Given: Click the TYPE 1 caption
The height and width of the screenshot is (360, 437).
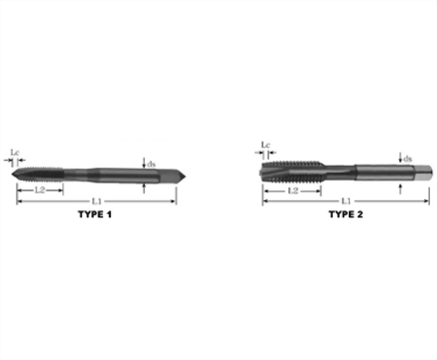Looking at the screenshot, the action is click(x=95, y=214).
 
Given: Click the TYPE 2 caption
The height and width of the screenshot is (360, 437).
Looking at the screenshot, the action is click(x=346, y=214).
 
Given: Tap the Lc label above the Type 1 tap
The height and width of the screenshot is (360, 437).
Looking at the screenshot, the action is click(x=15, y=153).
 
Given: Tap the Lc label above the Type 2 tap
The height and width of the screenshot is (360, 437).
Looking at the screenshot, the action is click(x=266, y=145).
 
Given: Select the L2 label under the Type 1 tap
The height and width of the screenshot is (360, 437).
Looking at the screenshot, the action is click(x=40, y=190).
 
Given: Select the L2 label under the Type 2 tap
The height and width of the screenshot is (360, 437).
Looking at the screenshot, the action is click(x=293, y=190).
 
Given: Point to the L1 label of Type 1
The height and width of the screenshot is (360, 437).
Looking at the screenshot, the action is click(x=96, y=201).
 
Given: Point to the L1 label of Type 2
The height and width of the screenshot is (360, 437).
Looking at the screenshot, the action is click(x=346, y=200).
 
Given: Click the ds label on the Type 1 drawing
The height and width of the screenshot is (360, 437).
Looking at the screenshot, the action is click(x=152, y=164).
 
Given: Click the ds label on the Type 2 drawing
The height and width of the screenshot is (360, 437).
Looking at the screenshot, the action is click(x=407, y=159).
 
